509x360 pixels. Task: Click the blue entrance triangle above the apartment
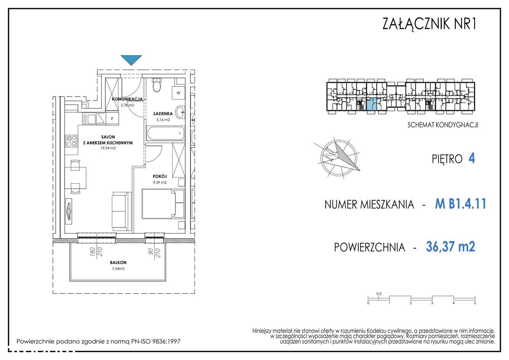point(131,60)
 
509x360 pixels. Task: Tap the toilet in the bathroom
point(157,85)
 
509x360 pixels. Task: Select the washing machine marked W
point(179,93)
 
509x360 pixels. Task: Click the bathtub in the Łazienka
point(165,133)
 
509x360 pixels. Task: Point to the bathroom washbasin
point(181,112)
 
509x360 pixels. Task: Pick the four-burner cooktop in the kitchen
point(71,141)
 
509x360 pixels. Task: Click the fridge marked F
point(112,119)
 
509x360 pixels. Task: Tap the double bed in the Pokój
point(163,204)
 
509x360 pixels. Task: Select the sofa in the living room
point(122,211)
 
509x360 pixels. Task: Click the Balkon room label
point(118,263)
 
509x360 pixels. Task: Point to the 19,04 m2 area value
point(108,148)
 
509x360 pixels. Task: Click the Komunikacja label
point(128,99)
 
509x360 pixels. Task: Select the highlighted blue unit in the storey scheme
point(371,104)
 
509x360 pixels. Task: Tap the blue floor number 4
point(472,158)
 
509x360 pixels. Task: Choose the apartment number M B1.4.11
point(460,204)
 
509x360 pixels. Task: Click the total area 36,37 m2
point(451,246)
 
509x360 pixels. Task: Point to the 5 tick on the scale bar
point(475,303)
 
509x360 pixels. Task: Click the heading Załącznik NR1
point(429,23)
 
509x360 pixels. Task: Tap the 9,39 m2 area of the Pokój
point(160,182)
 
